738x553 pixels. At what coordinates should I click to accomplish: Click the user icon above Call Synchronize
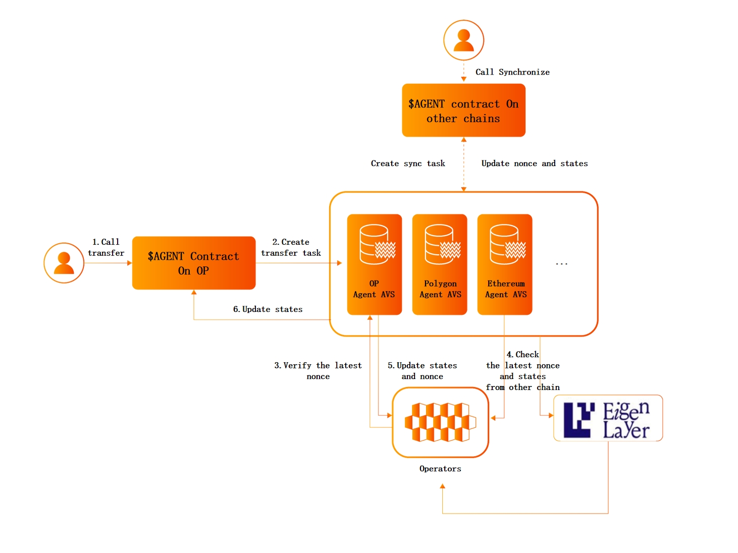coord(463,40)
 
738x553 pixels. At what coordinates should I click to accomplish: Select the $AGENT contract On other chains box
coord(463,110)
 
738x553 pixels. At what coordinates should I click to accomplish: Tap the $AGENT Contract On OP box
coord(194,263)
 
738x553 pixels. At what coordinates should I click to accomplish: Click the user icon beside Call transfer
coord(64,263)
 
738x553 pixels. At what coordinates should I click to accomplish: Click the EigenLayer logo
coord(608,418)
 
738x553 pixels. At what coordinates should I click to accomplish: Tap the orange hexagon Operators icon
coord(440,422)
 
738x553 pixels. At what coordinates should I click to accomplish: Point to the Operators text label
coord(440,469)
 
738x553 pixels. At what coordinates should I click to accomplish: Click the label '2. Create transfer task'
coord(291,248)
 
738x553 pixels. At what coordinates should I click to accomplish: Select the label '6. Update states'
coord(268,309)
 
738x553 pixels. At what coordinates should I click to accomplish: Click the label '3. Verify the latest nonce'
coord(318,371)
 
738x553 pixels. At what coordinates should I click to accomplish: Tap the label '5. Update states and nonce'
coord(422,371)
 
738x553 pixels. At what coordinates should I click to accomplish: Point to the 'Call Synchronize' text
coord(512,72)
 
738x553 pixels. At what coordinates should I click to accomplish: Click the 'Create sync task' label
coord(408,163)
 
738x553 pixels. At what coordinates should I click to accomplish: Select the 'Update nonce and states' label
coord(535,163)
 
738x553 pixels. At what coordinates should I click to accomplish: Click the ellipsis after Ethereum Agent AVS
coord(561,263)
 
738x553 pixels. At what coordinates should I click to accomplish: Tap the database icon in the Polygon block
coord(442,245)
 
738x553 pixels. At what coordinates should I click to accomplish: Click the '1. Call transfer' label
coord(106,248)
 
